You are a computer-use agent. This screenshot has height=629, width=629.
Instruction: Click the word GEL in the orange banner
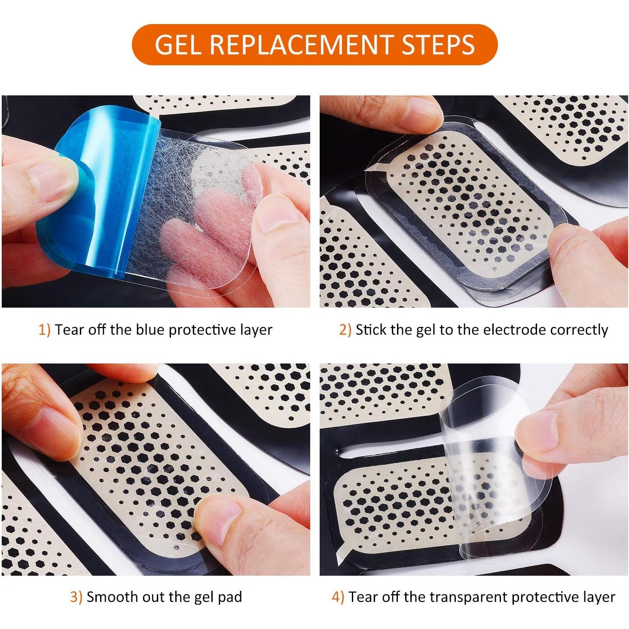click(178, 44)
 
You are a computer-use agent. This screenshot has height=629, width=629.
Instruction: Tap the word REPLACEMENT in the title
click(301, 44)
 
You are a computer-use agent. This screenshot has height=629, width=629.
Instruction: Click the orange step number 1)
click(45, 330)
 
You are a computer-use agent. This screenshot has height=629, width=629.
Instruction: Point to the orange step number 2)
click(345, 330)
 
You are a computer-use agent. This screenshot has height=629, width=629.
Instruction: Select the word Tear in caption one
click(68, 330)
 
